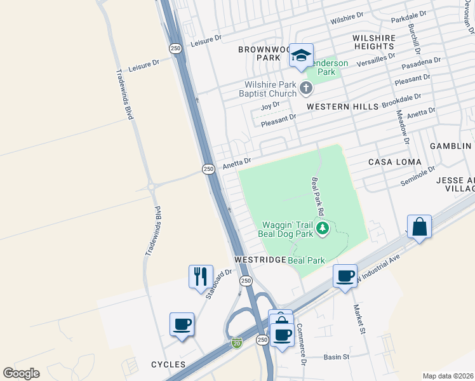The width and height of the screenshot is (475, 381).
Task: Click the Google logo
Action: tap(21, 373)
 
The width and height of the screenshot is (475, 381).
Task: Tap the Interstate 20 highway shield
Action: tap(236, 343)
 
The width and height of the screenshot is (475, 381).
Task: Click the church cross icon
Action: tap(306, 88)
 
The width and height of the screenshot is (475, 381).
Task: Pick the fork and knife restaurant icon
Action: tap(201, 276)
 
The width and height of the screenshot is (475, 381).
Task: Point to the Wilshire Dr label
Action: tap(347, 18)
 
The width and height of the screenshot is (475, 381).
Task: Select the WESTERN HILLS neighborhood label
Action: tap(337, 107)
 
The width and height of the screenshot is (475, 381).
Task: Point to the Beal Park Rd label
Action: tap(318, 196)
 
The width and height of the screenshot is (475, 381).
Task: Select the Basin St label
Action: tap(337, 357)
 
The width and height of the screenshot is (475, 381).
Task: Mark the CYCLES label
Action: tap(168, 364)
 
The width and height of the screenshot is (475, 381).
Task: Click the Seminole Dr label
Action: tap(417, 176)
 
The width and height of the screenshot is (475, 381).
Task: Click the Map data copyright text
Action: tap(447, 376)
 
